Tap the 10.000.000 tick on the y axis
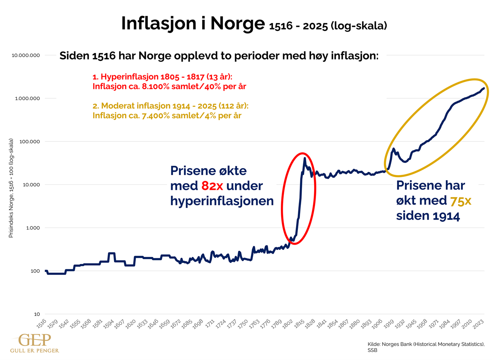coord(26,55)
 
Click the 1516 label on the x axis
coord(41,324)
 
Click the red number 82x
coord(212,186)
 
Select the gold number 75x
coord(460,201)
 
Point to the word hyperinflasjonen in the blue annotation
coord(222,201)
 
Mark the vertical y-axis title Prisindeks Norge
coord(11,188)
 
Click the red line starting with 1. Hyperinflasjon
coord(162,77)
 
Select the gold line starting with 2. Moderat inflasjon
coord(170,106)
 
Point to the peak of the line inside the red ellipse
coord(304,159)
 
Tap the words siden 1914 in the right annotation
coord(428,216)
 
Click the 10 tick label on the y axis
coord(37,314)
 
